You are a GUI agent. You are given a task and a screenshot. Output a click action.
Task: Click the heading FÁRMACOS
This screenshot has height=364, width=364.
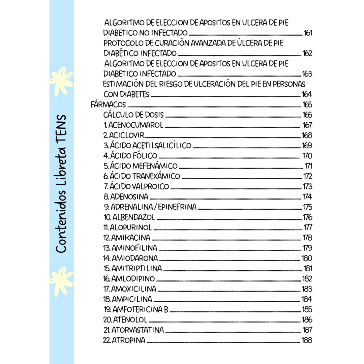[108, 104]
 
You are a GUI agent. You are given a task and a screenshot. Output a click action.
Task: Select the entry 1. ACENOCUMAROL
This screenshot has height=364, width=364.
[133, 125]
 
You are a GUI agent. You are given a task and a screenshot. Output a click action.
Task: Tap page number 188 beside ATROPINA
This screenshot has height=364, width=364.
[307, 340]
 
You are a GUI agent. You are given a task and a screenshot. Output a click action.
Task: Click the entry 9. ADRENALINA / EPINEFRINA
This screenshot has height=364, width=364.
[150, 207]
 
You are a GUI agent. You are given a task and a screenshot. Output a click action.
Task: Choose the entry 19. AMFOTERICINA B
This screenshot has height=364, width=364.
[136, 309]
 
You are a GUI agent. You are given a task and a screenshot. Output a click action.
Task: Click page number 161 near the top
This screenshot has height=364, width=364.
[308, 33]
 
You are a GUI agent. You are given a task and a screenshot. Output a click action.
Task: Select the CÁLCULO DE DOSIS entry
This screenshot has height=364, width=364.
[133, 115]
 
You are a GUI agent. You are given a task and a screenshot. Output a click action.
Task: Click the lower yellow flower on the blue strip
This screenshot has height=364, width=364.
[60, 279]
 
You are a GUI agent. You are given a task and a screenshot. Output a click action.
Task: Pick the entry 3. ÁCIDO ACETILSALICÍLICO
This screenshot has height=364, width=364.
[148, 146]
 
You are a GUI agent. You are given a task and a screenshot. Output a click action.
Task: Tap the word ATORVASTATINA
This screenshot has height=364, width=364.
[138, 330]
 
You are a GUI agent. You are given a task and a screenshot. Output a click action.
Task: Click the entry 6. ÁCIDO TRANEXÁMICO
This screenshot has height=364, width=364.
[142, 176]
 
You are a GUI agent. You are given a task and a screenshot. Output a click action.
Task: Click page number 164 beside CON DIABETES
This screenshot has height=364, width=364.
[307, 94]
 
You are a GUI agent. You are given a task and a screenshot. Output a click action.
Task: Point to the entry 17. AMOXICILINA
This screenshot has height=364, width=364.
[130, 289]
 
